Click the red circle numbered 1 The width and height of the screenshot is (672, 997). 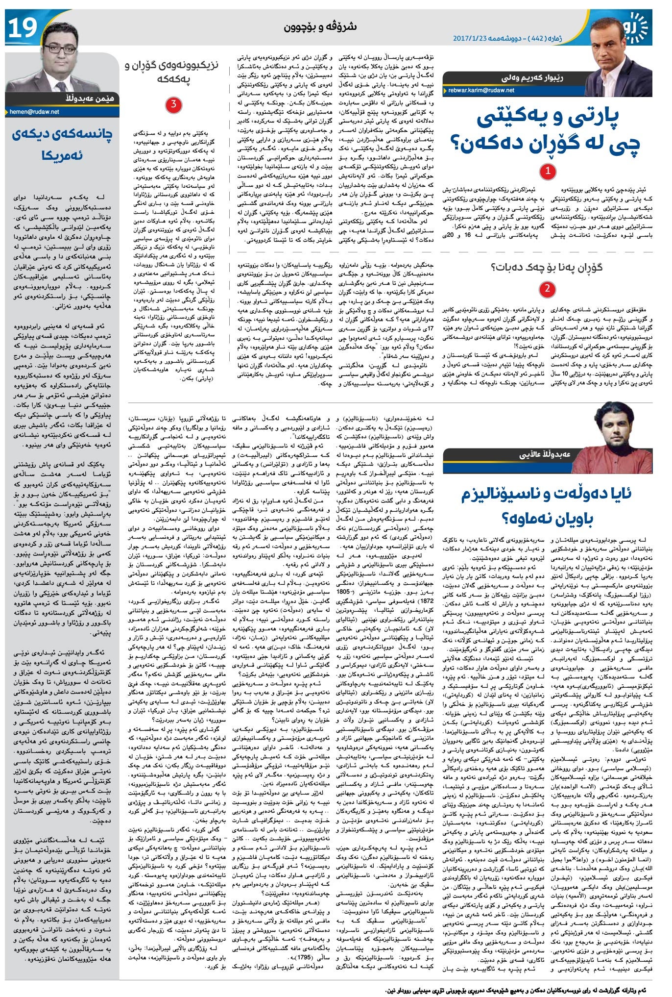[x=547, y=171]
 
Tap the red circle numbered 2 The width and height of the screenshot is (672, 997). [x=547, y=289]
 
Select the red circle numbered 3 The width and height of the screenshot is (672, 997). [x=173, y=103]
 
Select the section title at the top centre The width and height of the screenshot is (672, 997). [x=320, y=26]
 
